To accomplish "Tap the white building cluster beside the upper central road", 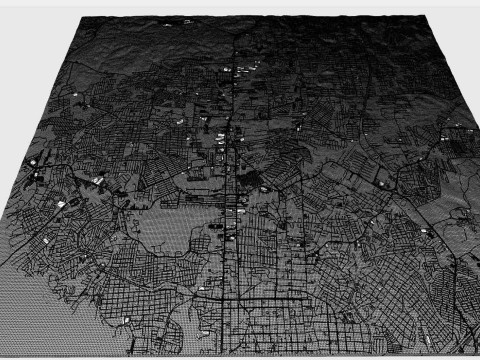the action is click(243, 68).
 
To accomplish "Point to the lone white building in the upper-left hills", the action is click(75, 92).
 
